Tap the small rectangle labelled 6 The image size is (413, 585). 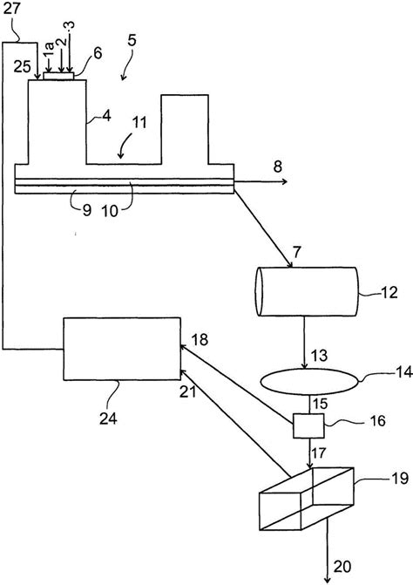58,76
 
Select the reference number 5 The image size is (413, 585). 132,41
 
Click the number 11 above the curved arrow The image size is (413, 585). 139,123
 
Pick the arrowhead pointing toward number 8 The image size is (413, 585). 284,181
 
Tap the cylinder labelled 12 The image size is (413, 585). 307,291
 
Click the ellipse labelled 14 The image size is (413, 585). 309,381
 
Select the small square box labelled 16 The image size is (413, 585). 308,425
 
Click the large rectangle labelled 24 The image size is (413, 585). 122,349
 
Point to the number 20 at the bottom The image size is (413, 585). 342,567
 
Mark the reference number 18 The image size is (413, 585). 200,340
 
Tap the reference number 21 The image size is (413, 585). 188,392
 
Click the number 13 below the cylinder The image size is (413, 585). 319,355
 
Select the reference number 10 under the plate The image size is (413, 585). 110,212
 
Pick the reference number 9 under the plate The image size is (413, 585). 86,210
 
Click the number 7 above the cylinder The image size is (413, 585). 296,253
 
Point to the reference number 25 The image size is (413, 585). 23,67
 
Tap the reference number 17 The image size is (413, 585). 318,453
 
